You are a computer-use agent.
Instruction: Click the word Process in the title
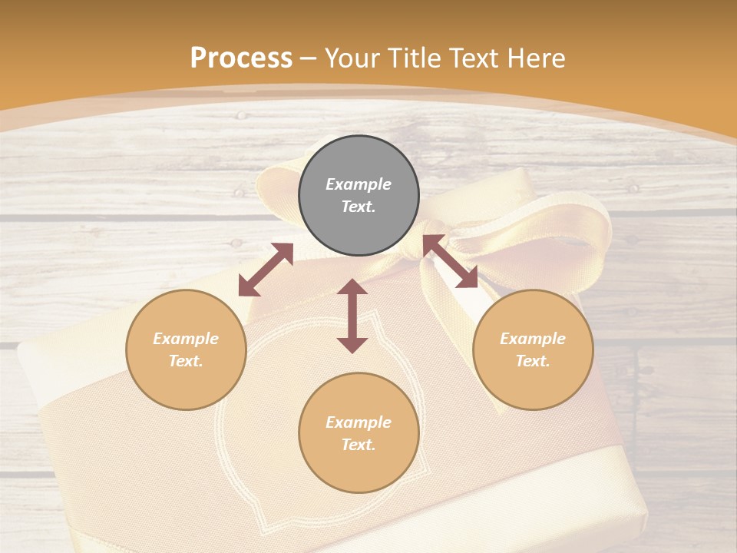[x=241, y=58]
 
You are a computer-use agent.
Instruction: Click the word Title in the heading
[x=414, y=58]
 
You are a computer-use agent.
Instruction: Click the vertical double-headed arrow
[x=352, y=316]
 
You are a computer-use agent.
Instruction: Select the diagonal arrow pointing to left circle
[x=266, y=270]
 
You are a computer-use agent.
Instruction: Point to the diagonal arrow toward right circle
[x=451, y=262]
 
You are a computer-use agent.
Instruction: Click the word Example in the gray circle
[x=359, y=184]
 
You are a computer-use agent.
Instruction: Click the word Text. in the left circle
[x=186, y=361]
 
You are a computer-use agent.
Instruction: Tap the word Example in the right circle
[x=533, y=339]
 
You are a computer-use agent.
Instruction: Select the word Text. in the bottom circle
[x=359, y=445]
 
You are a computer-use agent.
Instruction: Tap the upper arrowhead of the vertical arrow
[x=352, y=287]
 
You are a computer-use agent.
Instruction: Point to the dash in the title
[x=308, y=58]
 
